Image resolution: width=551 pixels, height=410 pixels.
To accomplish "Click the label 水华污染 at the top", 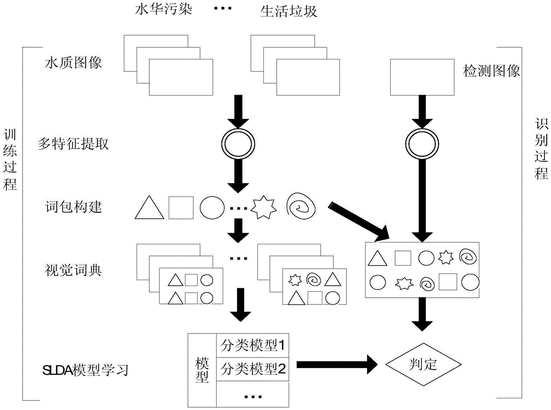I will (x=164, y=10).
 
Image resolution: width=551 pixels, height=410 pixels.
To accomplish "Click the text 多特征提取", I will (x=77, y=144).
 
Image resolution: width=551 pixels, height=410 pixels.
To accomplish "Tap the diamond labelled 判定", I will (x=423, y=364).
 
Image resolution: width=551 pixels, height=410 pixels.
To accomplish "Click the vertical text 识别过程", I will (x=541, y=149).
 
